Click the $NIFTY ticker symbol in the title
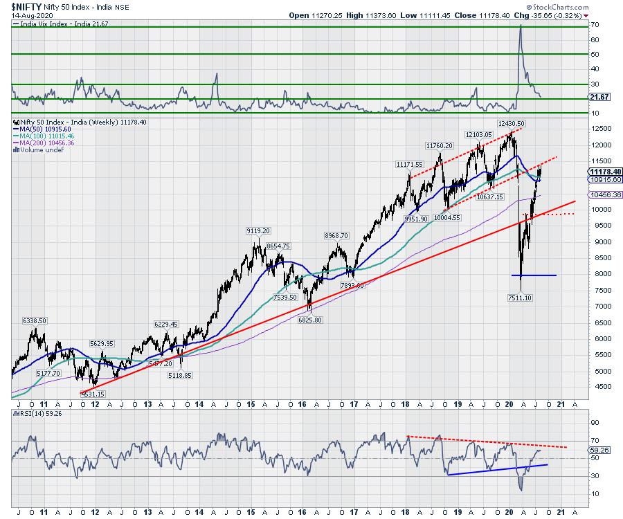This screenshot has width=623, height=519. coord(22,6)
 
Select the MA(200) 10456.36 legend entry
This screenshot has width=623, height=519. coord(48,143)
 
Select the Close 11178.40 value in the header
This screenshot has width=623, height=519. coord(509,15)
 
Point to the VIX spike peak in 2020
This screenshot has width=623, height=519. coord(521,26)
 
